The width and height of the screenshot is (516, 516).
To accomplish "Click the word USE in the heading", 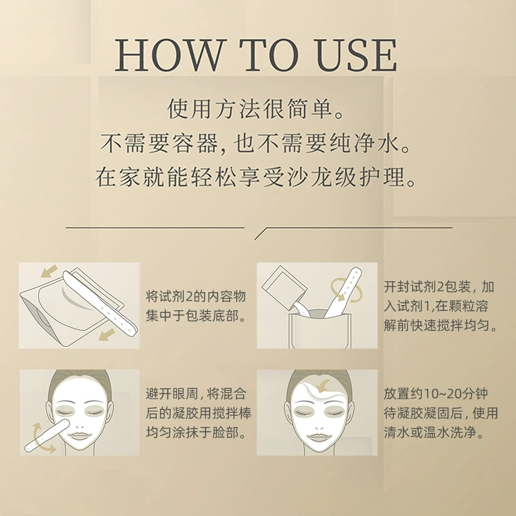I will pos(349,56).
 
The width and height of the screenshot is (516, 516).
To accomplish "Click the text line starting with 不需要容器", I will pos(257,143).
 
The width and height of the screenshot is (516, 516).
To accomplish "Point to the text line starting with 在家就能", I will pos(257,177).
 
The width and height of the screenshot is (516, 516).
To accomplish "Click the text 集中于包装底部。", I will pos(196,317).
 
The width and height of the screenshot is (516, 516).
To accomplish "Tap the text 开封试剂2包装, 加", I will pos(439,286).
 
